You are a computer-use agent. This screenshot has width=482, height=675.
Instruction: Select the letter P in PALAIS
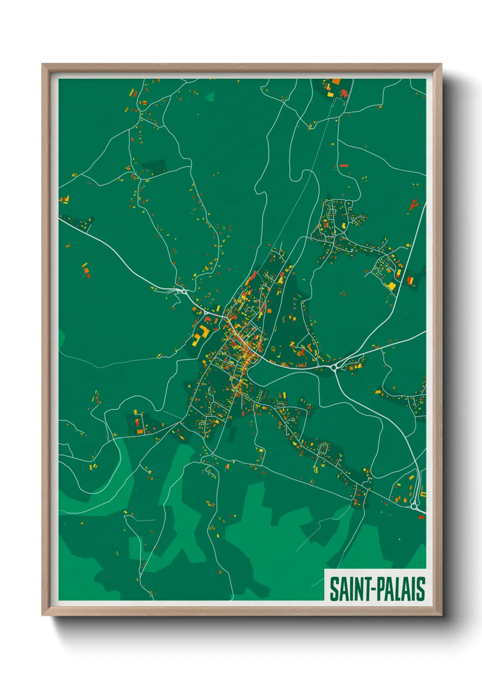pos(378,589)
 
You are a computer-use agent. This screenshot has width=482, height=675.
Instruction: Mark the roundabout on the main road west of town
pos(184,291)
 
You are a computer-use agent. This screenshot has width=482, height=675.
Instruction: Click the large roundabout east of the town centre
pos(335,366)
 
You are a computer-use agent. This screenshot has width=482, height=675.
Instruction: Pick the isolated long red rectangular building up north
pos(344,166)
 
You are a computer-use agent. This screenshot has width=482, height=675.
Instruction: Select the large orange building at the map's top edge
pos(336,82)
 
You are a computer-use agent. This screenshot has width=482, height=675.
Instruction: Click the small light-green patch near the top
pos(210,96)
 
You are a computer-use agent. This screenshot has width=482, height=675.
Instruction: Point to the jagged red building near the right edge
pos(414,204)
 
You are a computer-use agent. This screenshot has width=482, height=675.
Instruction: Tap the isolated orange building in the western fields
pos(85,270)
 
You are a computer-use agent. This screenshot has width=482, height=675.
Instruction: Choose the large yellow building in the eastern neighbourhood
pos(391,286)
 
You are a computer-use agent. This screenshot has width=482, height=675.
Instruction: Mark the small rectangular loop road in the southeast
pos(323,448)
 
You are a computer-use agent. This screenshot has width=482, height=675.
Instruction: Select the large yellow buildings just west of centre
pos(199,336)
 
